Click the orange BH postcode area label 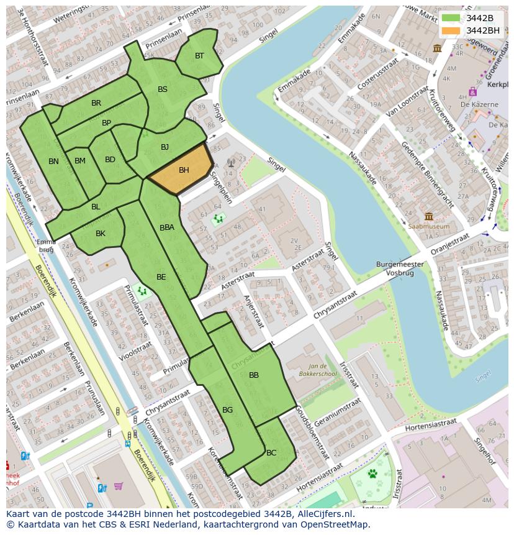(184, 170)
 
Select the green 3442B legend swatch (451, 18)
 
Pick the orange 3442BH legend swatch (451, 30)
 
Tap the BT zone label (199, 56)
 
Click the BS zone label (163, 89)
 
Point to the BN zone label (53, 162)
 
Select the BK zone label (101, 234)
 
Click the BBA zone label (167, 227)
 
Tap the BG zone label (227, 410)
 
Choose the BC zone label (271, 453)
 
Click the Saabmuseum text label (429, 227)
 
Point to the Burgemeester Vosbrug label (400, 268)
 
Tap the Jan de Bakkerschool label (322, 370)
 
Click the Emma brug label (46, 245)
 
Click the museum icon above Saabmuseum (429, 216)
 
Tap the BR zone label (96, 103)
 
